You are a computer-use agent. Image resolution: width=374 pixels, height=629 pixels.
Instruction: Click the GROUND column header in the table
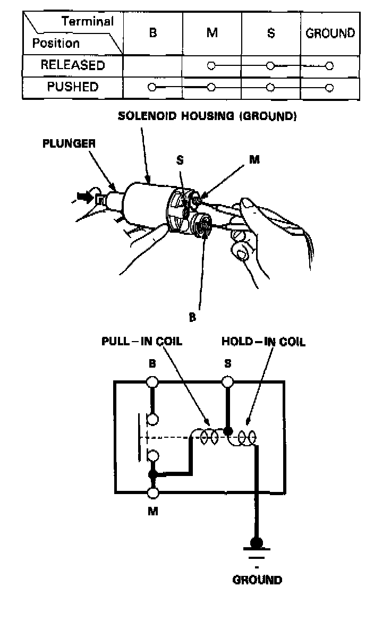point(330,33)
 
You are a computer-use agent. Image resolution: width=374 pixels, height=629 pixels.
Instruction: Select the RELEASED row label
point(73,65)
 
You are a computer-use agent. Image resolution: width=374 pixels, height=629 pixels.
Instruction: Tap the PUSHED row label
point(73,87)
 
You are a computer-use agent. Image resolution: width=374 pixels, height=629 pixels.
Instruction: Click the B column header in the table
point(153,33)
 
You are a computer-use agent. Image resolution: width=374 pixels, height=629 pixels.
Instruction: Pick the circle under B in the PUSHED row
point(152,87)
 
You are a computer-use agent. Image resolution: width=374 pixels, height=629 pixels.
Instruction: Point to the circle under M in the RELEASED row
point(211,66)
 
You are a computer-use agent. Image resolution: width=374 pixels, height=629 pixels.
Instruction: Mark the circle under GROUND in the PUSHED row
point(329,88)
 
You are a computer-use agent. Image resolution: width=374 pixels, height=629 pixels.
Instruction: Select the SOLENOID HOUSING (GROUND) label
point(207,116)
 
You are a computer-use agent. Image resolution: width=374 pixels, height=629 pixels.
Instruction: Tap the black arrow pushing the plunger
point(84,198)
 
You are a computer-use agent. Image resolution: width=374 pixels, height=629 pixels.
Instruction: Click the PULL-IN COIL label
point(142,341)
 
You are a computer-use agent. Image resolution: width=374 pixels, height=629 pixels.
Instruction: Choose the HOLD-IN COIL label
point(263,341)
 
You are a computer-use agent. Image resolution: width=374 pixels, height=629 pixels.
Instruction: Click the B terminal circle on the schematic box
point(153,381)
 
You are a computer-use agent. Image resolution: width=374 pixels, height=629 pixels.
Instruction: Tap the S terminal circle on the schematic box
point(227,381)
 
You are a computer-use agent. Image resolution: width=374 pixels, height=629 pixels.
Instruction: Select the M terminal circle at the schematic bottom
point(154,493)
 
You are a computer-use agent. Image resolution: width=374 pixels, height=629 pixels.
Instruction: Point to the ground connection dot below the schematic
point(257,542)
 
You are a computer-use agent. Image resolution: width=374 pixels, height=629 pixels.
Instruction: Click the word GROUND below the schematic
point(257,580)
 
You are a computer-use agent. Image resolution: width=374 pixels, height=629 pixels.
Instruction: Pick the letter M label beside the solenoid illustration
point(254,159)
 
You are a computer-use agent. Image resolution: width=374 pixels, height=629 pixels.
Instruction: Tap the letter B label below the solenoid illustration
point(193,318)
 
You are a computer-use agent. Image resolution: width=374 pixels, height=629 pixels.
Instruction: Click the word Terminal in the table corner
point(88,22)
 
